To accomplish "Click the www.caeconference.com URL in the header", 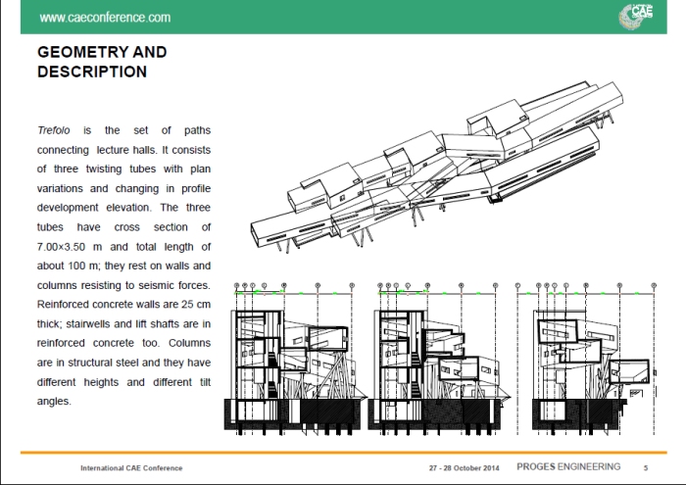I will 105,18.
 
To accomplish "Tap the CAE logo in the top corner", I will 638,16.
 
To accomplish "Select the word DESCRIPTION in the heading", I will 92,72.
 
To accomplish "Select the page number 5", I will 645,467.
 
